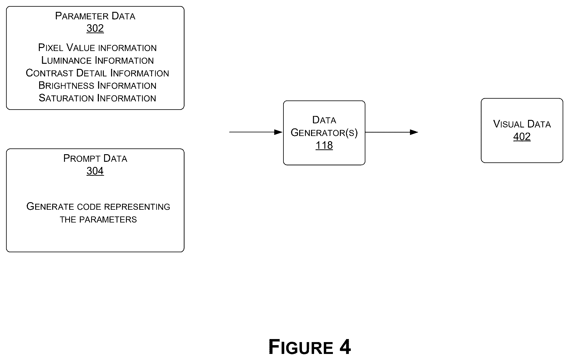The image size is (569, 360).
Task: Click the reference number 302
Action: click(95, 28)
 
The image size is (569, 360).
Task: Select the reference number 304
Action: click(95, 171)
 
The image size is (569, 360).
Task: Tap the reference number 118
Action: click(324, 145)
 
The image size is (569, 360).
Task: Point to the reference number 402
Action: click(522, 137)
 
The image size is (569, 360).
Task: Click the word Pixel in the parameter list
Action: click(51, 48)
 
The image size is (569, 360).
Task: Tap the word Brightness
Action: click(66, 86)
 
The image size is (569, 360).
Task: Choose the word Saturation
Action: click(66, 98)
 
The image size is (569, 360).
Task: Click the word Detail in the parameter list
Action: click(91, 73)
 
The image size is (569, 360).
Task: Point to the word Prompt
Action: click(82, 158)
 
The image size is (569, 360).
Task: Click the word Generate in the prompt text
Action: click(50, 207)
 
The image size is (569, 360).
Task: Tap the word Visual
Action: click(509, 124)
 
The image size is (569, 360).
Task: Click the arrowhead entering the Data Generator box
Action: click(278, 132)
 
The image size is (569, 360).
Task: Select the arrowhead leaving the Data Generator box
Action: click(414, 132)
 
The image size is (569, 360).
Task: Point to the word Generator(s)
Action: click(324, 133)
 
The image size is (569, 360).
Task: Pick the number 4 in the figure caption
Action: click(345, 347)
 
